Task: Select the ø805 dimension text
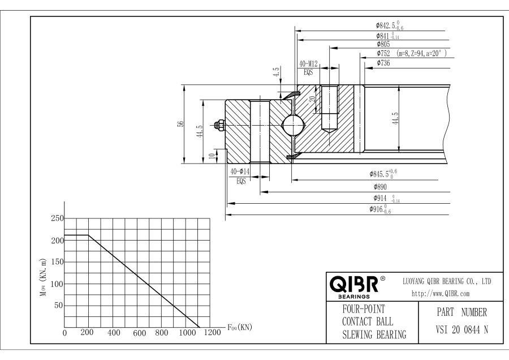point(385,44)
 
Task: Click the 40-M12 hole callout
point(308,65)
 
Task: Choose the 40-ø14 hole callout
point(240,172)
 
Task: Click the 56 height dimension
point(179,125)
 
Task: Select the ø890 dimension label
point(382,186)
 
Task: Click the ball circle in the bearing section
point(292,125)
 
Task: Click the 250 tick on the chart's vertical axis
point(57,218)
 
